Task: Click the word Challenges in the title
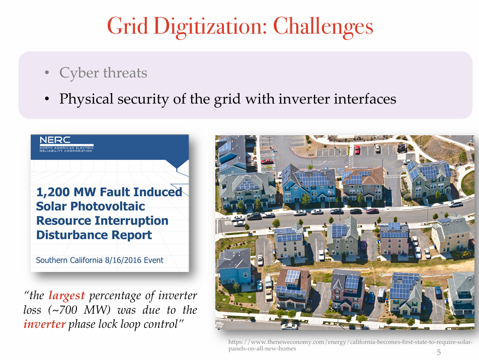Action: point(323,26)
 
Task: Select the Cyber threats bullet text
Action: point(103,73)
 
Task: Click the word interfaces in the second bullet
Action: point(365,99)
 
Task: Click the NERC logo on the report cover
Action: point(55,140)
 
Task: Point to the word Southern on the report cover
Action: point(54,260)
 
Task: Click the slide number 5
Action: point(438,353)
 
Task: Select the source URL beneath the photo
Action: point(350,345)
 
